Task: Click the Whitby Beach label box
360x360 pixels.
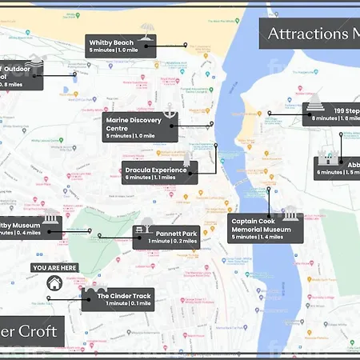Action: (x=121, y=46)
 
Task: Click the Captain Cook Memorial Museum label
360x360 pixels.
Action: (x=266, y=228)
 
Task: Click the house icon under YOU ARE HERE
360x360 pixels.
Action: (x=54, y=282)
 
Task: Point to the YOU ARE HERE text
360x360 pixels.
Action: (x=54, y=267)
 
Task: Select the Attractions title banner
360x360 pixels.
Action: (x=309, y=33)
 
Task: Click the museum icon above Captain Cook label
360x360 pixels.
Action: (x=290, y=212)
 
